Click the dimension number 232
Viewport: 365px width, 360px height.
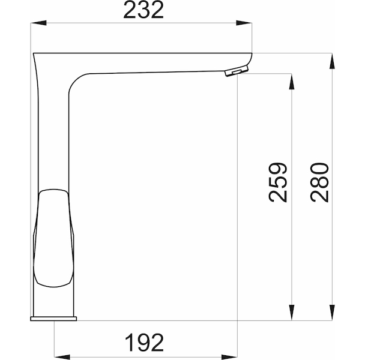tap(143, 10)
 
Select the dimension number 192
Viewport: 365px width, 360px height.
tap(145, 343)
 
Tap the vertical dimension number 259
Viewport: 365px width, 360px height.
tap(277, 182)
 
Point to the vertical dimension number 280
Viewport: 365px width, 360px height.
tap(319, 182)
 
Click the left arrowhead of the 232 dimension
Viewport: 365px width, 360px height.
tap(38, 23)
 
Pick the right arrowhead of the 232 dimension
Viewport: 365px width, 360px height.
tap(244, 23)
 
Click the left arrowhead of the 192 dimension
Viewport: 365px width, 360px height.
tap(62, 357)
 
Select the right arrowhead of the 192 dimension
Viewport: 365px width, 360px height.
tap(229, 357)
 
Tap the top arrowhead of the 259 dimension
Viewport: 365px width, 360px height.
tap(291, 82)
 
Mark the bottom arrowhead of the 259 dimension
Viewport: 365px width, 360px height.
tap(291, 313)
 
